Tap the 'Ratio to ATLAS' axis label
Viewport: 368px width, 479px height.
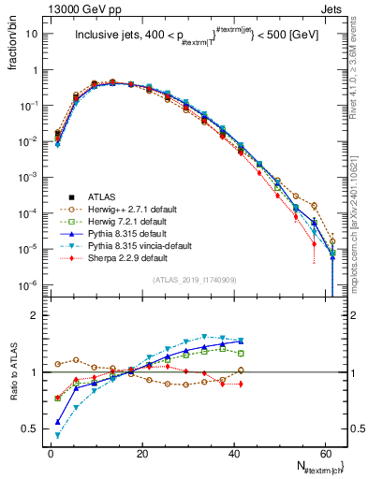[x=14, y=371]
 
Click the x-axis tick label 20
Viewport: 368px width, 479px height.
[x=142, y=452]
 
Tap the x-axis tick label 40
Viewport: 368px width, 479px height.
[x=234, y=452]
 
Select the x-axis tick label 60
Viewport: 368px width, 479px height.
[x=325, y=452]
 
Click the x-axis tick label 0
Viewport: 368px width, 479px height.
[x=51, y=452]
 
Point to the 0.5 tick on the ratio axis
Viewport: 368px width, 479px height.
[x=34, y=428]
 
